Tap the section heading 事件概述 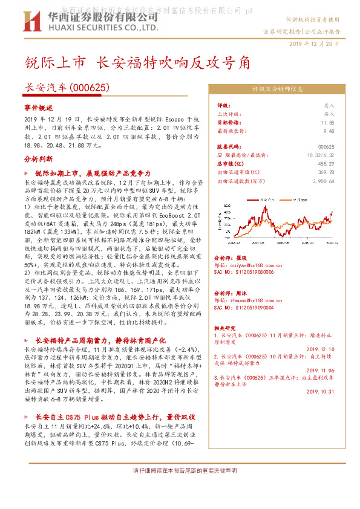click(39, 106)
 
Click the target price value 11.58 click(329, 122)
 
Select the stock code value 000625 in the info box click(326, 147)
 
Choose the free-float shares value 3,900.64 click(323, 180)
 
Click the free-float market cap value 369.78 click(326, 172)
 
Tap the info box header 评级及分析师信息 click(278, 89)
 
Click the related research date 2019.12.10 click(321, 349)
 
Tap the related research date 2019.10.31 click(321, 392)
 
